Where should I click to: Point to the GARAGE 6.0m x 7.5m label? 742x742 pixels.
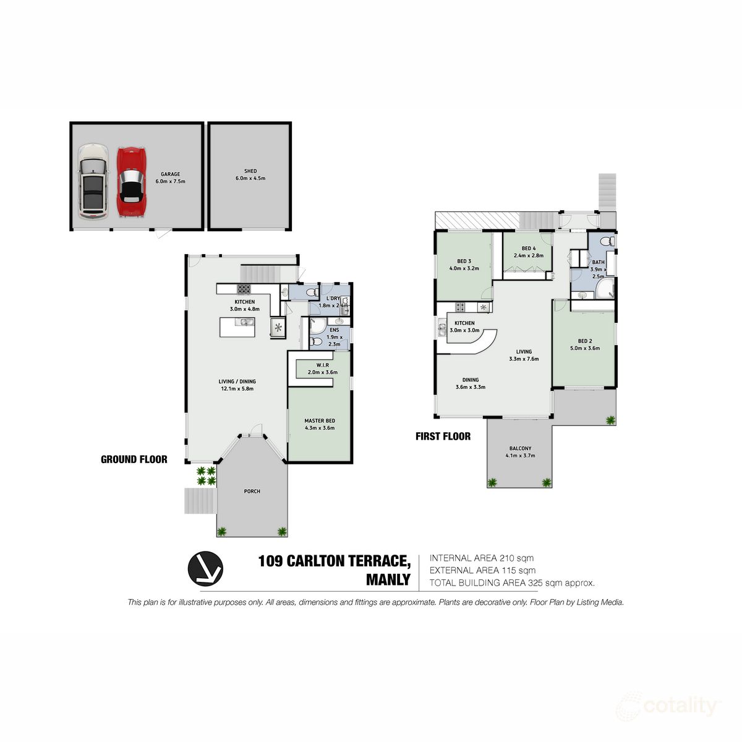click(x=170, y=178)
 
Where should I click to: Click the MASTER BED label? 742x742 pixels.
click(x=320, y=421)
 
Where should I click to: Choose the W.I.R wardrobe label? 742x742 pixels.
click(x=322, y=365)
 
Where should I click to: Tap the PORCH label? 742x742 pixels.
click(x=252, y=492)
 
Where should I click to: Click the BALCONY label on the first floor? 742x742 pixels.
click(x=520, y=449)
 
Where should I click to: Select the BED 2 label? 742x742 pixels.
click(x=585, y=341)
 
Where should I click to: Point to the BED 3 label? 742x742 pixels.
click(x=464, y=262)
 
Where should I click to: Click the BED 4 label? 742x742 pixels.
click(x=528, y=249)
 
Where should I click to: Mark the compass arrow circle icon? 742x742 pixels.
click(x=205, y=568)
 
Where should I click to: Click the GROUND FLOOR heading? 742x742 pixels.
click(x=134, y=459)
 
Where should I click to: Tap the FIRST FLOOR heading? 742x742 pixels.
click(x=443, y=437)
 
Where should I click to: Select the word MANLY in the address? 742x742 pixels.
click(x=388, y=580)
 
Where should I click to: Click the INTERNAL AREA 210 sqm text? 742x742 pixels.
click(x=481, y=558)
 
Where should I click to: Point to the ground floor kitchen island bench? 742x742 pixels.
click(x=237, y=327)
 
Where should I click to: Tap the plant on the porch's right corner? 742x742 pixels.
click(x=282, y=531)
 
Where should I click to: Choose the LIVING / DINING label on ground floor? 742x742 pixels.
click(x=237, y=382)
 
